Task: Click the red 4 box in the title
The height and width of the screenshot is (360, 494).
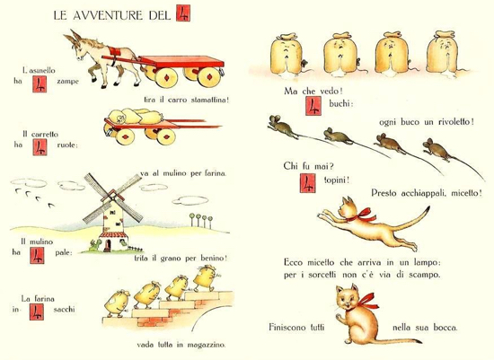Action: [x=183, y=13]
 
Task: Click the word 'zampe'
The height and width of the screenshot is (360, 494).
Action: [x=67, y=82]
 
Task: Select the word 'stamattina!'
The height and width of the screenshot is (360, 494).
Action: [x=210, y=100]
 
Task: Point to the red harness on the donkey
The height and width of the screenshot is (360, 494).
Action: [x=113, y=52]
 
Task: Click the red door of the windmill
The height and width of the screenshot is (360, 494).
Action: [x=108, y=245]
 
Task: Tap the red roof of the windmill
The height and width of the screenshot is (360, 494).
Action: [x=113, y=235]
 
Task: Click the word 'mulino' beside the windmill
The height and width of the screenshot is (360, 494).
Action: [x=41, y=241]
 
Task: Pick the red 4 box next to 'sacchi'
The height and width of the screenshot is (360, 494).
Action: [x=37, y=312]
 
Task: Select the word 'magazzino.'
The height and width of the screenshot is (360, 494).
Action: [x=207, y=345]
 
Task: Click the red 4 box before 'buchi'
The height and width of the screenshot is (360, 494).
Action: [x=313, y=106]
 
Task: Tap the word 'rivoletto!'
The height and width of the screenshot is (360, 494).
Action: [x=456, y=121]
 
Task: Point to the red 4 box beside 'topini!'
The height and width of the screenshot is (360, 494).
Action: [x=307, y=183]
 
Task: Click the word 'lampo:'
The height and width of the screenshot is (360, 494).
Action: [x=426, y=263]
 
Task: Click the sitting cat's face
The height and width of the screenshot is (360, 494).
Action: [x=348, y=298]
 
